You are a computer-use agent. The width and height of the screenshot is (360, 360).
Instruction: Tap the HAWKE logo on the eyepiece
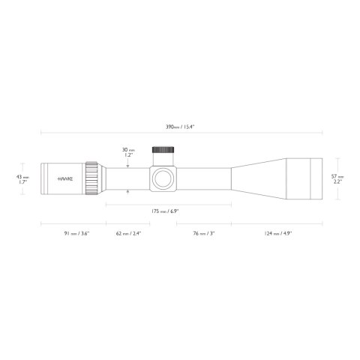click(x=66, y=179)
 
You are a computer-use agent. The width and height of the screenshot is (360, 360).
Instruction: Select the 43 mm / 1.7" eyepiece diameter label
click(x=22, y=179)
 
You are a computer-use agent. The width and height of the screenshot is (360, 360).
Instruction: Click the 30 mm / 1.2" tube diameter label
click(x=130, y=154)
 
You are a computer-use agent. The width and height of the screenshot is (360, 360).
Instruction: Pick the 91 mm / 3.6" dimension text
click(x=73, y=233)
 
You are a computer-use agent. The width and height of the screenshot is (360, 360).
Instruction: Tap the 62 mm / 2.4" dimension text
click(x=129, y=233)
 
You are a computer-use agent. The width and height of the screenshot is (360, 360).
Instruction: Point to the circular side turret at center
click(x=161, y=179)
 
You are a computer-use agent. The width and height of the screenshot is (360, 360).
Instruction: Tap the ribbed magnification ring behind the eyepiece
click(x=93, y=179)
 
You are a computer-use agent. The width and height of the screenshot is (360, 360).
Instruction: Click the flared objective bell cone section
click(x=259, y=179)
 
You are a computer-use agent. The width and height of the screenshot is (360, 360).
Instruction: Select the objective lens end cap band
click(x=306, y=179)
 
